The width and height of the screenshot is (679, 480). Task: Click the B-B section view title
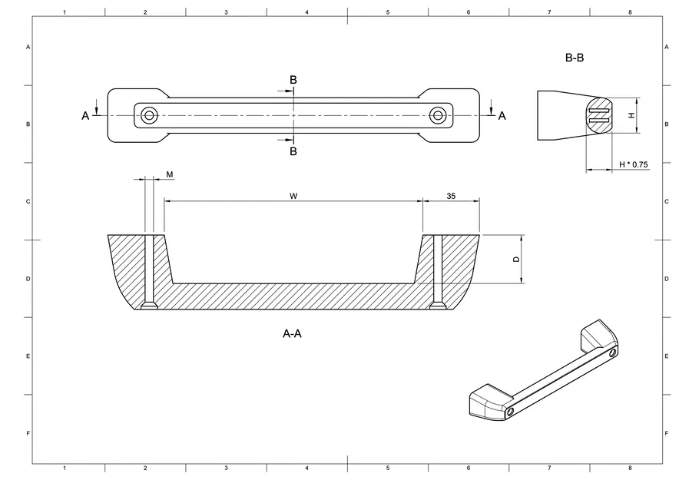click(575, 58)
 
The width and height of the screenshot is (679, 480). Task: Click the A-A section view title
click(292, 334)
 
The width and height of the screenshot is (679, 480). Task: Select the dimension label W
click(293, 196)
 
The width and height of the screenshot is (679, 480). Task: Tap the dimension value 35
click(451, 196)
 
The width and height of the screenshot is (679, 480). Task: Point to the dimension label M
click(169, 175)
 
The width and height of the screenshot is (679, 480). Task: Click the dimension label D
click(516, 260)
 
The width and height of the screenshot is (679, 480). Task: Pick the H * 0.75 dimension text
click(634, 164)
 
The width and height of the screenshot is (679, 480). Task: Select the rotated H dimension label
click(631, 115)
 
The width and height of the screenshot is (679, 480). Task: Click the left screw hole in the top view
click(149, 115)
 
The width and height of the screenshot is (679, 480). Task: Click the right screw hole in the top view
click(438, 115)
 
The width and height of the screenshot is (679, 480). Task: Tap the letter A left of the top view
click(85, 116)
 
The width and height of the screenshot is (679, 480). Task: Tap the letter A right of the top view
click(502, 116)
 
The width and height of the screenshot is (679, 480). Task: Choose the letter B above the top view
click(293, 80)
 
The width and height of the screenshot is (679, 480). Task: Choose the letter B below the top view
click(293, 151)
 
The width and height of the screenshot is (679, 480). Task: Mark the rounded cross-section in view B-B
click(598, 115)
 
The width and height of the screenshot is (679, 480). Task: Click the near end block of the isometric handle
click(489, 404)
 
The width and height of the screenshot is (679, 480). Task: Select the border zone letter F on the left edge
click(28, 433)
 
